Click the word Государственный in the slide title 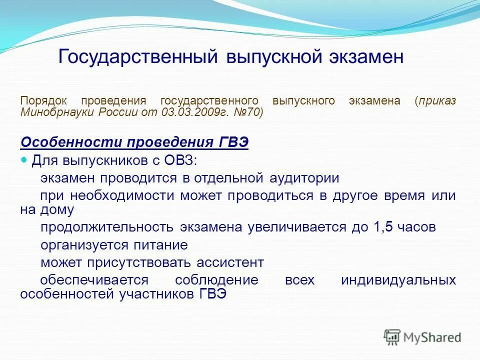137,56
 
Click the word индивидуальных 405,279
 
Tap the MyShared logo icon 392,337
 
